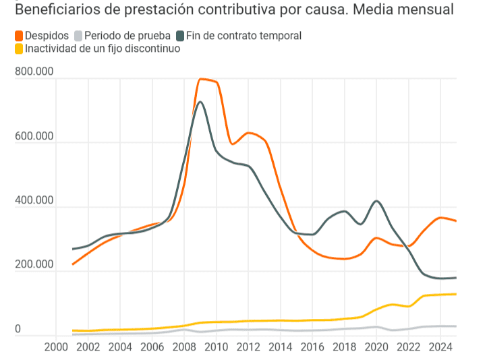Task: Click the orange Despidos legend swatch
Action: tap(19, 36)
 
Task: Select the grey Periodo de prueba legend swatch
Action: tap(78, 36)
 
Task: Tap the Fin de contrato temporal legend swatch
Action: tap(179, 36)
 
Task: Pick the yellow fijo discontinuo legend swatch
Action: tap(19, 49)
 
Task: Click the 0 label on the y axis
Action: tap(18, 329)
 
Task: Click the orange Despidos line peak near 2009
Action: tap(202, 79)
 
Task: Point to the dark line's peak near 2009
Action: tap(200, 102)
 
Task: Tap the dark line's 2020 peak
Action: tap(376, 201)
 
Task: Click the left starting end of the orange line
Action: tap(73, 264)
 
